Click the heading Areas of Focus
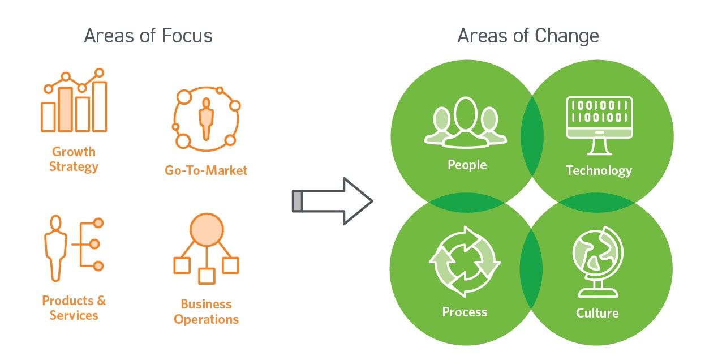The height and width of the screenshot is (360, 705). click(148, 36)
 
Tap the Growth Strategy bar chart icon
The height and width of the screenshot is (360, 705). click(74, 100)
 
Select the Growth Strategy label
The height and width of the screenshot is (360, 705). click(74, 159)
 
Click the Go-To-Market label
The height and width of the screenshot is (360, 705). click(206, 170)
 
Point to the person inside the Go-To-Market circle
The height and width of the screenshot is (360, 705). click(206, 119)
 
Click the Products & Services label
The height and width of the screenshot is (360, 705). click(74, 308)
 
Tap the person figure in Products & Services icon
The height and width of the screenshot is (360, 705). click(55, 248)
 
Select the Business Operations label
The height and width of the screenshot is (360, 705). click(206, 312)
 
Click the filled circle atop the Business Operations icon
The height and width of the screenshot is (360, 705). click(207, 230)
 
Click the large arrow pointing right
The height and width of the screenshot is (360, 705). click(332, 201)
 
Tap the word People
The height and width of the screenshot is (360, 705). click(467, 165)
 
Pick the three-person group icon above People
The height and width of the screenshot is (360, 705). click(465, 122)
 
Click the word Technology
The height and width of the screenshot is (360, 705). click(599, 171)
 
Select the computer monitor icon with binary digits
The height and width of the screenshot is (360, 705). click(599, 126)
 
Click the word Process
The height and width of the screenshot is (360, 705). click(465, 312)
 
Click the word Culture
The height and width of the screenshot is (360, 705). click(597, 313)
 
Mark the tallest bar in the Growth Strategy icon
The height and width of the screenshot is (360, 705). click(100, 107)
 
